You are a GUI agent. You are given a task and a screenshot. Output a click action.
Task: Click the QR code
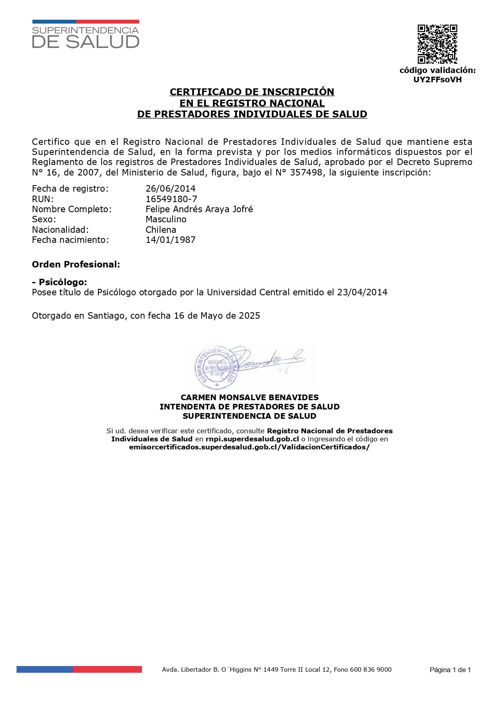(437, 44)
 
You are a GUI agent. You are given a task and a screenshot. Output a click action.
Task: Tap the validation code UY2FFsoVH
(437, 79)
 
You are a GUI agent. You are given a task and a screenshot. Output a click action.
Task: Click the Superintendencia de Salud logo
(85, 35)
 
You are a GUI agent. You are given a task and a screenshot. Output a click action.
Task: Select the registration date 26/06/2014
(171, 189)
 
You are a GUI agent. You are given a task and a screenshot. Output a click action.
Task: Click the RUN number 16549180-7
(171, 199)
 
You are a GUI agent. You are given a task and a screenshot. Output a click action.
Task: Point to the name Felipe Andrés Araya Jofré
(199, 209)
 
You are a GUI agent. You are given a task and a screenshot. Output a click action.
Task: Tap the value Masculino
(166, 219)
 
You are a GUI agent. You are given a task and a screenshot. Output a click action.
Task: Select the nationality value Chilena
(161, 230)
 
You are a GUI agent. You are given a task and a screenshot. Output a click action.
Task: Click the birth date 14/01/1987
(171, 240)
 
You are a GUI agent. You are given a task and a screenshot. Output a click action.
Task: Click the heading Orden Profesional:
(76, 265)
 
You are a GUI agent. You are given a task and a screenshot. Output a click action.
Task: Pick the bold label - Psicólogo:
(59, 282)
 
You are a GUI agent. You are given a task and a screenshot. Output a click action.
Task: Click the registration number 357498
(306, 173)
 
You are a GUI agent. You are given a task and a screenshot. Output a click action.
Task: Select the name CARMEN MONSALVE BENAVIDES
(250, 398)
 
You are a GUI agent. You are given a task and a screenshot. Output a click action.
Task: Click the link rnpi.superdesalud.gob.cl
(252, 439)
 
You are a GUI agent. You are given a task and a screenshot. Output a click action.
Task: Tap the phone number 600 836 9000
(371, 670)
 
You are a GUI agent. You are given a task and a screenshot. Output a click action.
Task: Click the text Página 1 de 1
(450, 670)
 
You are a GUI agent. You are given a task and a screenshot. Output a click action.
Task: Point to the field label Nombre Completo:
(72, 209)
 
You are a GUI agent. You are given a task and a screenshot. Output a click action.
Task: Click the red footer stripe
(107, 670)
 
